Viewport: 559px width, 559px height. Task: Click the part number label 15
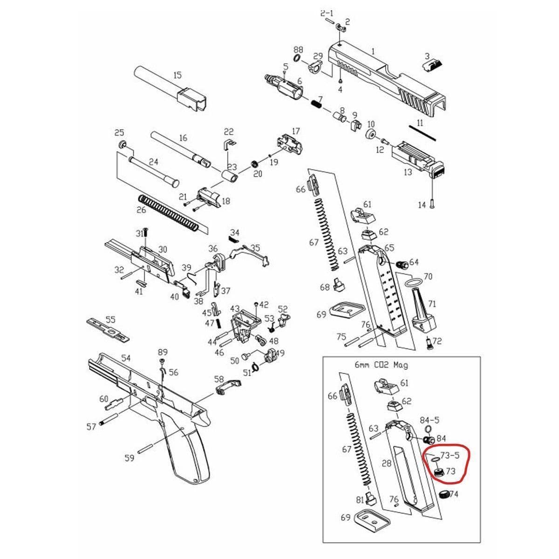177,75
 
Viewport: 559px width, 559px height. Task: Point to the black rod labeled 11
422,132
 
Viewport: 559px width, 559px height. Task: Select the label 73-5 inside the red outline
450,455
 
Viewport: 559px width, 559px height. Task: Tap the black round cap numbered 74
445,494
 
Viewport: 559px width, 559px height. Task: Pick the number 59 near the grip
130,458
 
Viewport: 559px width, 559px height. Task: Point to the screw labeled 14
433,203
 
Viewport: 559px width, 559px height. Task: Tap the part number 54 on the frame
126,358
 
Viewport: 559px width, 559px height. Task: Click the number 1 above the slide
373,51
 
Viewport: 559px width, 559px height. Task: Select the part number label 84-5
429,420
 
